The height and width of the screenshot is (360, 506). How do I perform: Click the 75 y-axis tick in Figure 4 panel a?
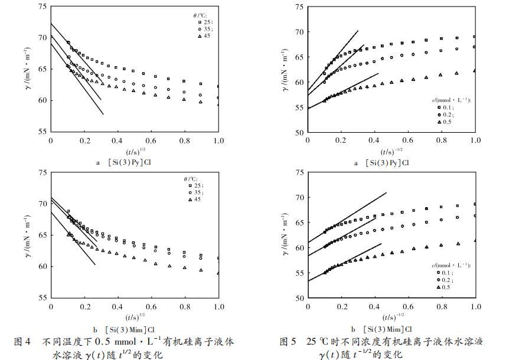41,6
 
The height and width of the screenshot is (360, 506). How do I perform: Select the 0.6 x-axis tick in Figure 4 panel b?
151,307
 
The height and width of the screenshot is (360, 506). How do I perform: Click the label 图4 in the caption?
22,342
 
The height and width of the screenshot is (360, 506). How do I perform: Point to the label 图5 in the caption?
288,342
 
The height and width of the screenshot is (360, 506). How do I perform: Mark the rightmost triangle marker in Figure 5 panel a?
475,70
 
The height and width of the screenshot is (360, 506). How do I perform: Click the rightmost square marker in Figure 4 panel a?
218,86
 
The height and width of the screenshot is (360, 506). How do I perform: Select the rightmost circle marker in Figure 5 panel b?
475,215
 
